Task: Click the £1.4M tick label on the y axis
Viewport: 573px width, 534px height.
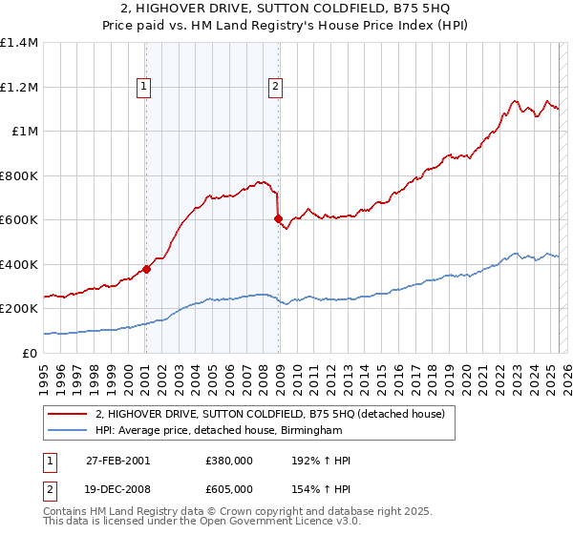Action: click(19, 43)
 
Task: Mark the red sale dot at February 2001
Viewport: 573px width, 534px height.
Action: click(147, 269)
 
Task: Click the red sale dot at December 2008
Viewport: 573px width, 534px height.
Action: click(278, 219)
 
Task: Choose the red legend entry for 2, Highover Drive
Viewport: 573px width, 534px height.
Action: click(269, 415)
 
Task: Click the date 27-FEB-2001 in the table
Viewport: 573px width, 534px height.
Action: click(116, 461)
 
